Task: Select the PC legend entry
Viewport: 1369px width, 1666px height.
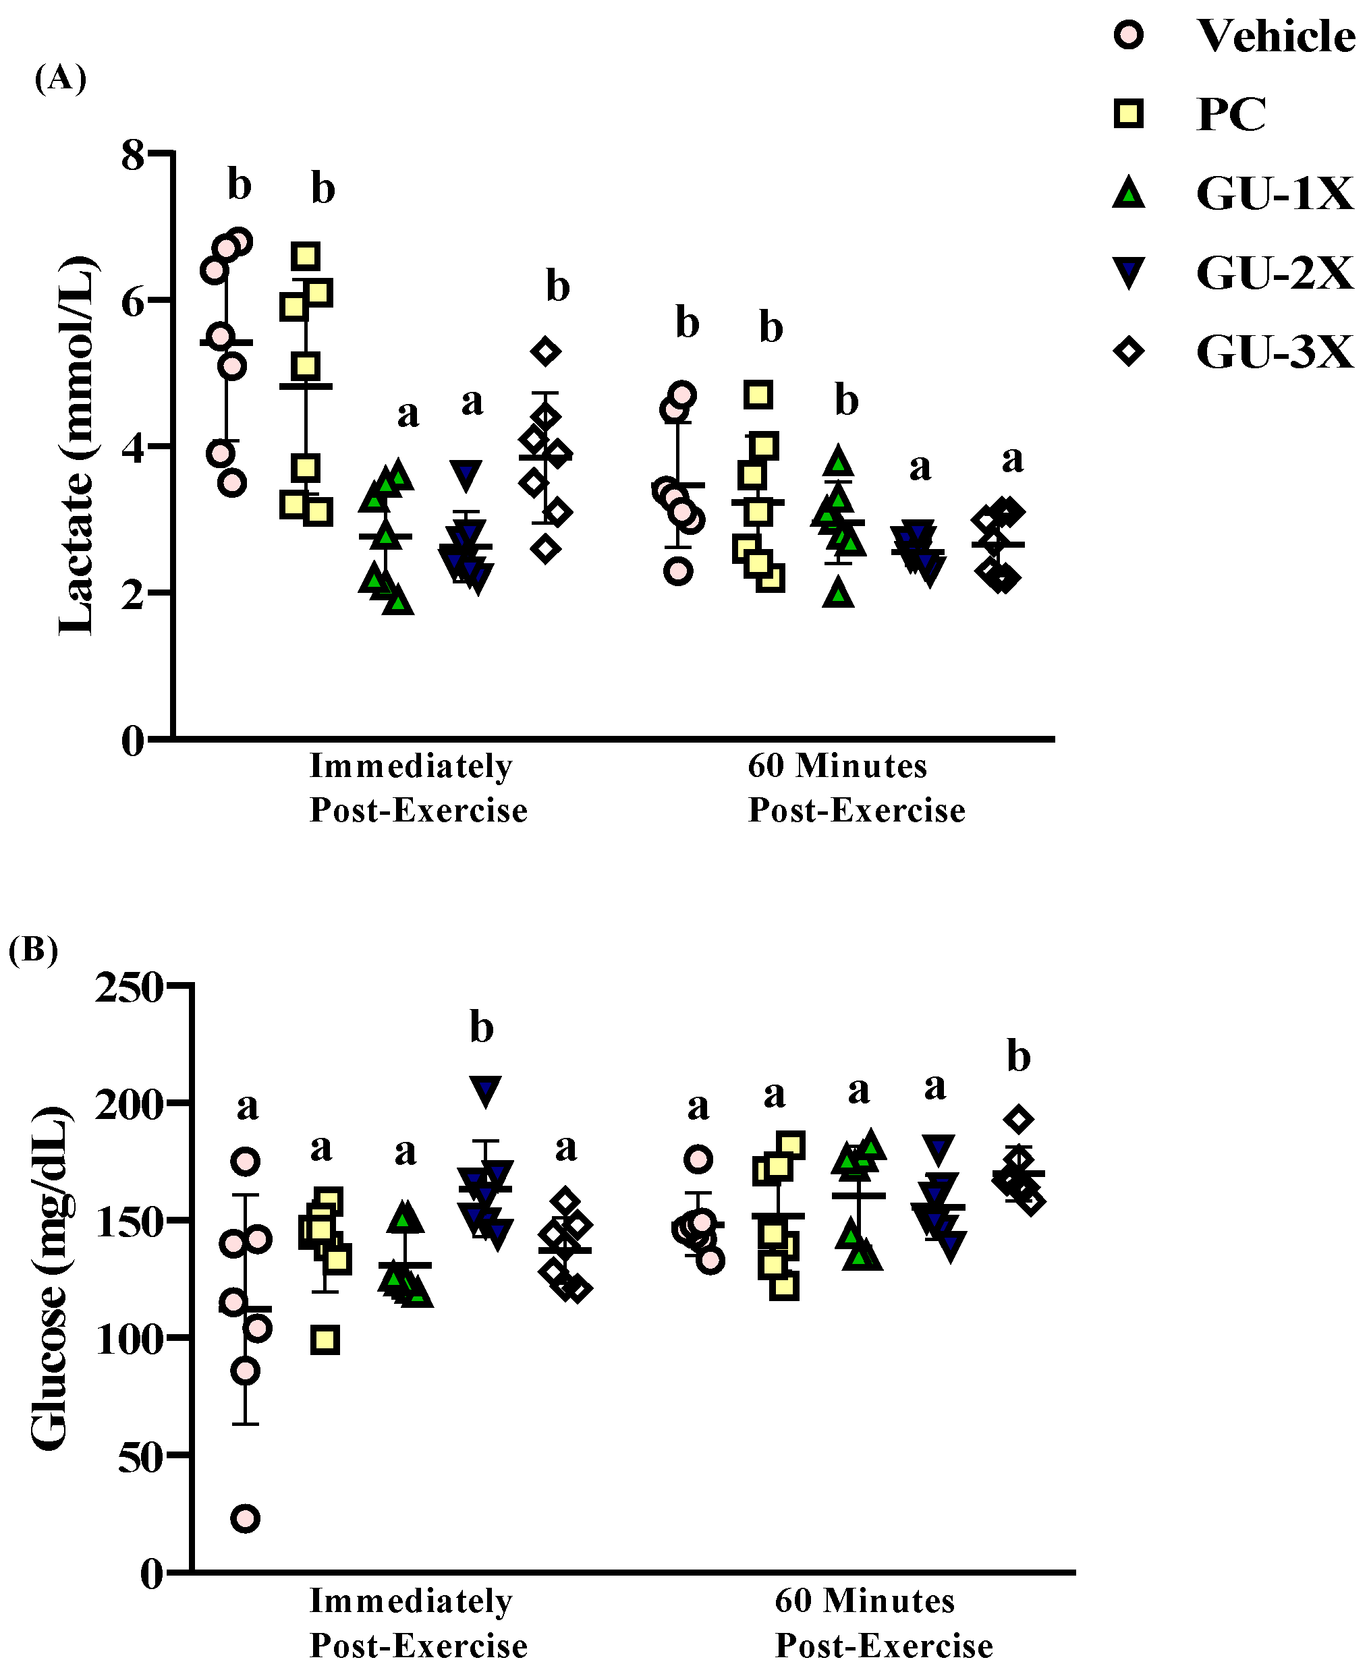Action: coord(1230,114)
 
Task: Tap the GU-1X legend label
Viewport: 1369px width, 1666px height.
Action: coord(1274,193)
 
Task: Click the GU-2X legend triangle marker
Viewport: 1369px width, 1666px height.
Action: coord(1129,272)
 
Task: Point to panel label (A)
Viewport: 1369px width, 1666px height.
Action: coord(60,78)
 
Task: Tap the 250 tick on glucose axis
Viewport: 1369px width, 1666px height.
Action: coord(129,987)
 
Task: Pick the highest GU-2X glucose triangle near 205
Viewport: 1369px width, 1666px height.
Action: coord(485,1091)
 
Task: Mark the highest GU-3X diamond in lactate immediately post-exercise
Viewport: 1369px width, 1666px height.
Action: coord(546,351)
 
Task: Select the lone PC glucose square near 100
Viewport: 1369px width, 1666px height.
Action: coord(325,1340)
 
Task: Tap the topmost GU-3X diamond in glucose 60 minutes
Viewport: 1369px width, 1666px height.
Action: coord(1019,1119)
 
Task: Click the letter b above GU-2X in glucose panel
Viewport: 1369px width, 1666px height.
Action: coord(481,1028)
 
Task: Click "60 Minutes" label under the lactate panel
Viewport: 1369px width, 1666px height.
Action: coord(837,766)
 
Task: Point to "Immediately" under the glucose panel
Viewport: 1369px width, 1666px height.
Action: coord(411,1601)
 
